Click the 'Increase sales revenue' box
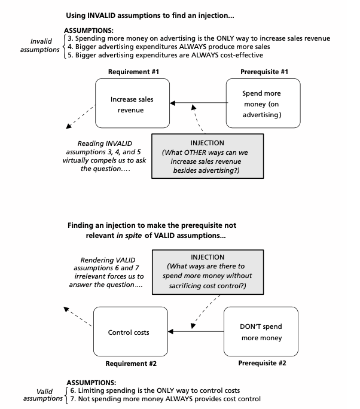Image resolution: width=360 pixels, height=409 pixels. (x=132, y=103)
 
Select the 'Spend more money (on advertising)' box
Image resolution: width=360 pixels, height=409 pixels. (x=263, y=103)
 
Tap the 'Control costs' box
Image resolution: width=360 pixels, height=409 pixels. (x=130, y=331)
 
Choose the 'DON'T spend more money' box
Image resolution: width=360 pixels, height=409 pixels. (x=261, y=331)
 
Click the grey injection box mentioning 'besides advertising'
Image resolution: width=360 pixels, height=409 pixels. (x=208, y=156)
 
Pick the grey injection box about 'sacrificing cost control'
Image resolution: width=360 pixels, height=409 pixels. (x=208, y=272)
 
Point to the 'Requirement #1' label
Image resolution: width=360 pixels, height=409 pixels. (x=133, y=72)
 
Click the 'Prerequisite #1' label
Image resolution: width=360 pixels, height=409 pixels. (x=264, y=72)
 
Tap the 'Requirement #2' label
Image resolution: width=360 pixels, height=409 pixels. (x=131, y=364)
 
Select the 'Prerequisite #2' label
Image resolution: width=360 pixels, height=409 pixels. (x=262, y=363)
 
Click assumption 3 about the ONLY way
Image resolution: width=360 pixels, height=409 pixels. (x=199, y=38)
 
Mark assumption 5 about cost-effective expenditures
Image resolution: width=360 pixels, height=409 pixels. (x=166, y=55)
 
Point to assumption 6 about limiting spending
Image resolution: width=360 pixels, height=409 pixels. (x=155, y=390)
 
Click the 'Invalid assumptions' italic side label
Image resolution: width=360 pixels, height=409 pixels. (x=40, y=45)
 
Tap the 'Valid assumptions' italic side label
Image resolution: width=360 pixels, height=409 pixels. (x=43, y=395)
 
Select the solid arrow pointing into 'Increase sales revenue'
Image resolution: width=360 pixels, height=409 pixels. (x=199, y=103)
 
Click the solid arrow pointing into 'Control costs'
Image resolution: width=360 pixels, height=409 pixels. (x=196, y=331)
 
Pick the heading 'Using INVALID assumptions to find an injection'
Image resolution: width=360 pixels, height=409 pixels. (x=150, y=16)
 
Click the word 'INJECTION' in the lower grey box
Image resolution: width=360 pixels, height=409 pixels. (x=208, y=257)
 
